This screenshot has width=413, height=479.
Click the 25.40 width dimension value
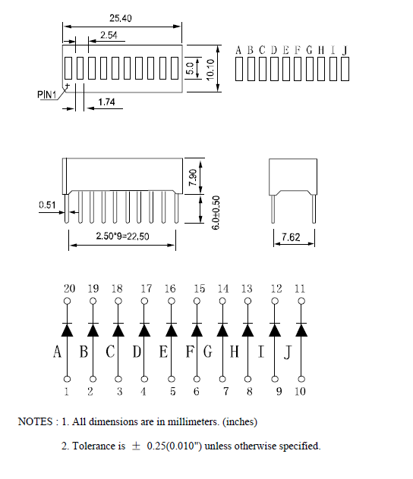[x=121, y=18]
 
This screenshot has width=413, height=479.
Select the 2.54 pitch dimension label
[x=109, y=35]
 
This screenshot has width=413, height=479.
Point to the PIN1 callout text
[x=47, y=95]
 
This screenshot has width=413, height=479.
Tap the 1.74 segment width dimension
[x=106, y=102]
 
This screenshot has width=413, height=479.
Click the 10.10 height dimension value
[x=210, y=70]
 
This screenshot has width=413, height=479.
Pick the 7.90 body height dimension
[x=193, y=177]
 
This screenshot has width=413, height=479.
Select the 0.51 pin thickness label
[x=47, y=205]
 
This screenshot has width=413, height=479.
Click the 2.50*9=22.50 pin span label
[x=122, y=236]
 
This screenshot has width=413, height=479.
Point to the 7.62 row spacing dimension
[x=291, y=237]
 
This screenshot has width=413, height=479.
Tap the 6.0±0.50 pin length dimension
[x=216, y=213]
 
